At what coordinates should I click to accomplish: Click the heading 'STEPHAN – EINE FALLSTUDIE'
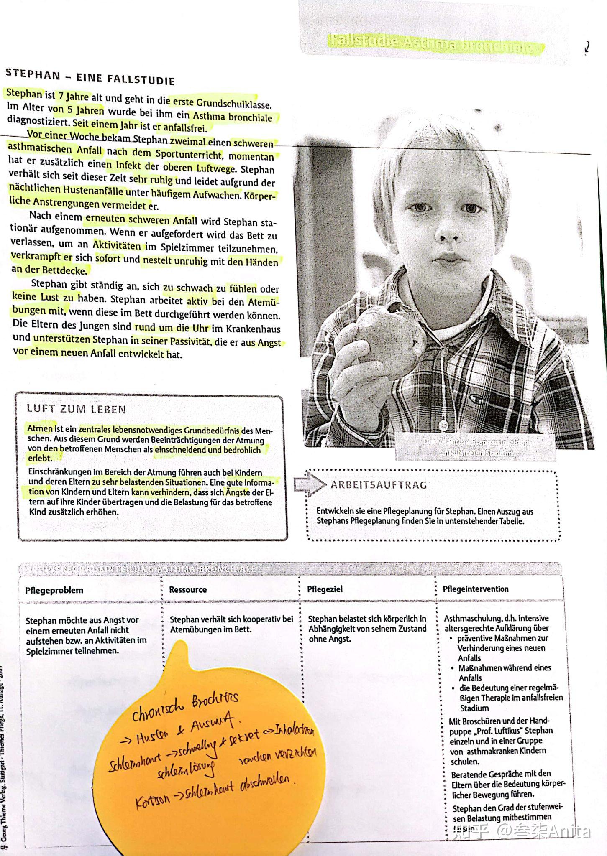[90, 77]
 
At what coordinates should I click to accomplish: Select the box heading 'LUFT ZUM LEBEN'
[76, 409]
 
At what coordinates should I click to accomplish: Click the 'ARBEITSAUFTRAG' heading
[379, 485]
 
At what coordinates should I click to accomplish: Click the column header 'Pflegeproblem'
[54, 590]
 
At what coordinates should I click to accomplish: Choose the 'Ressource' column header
[188, 589]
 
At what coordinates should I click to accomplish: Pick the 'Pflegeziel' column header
[325, 589]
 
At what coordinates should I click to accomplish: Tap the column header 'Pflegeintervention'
[476, 589]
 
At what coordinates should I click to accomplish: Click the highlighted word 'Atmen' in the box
[40, 428]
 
